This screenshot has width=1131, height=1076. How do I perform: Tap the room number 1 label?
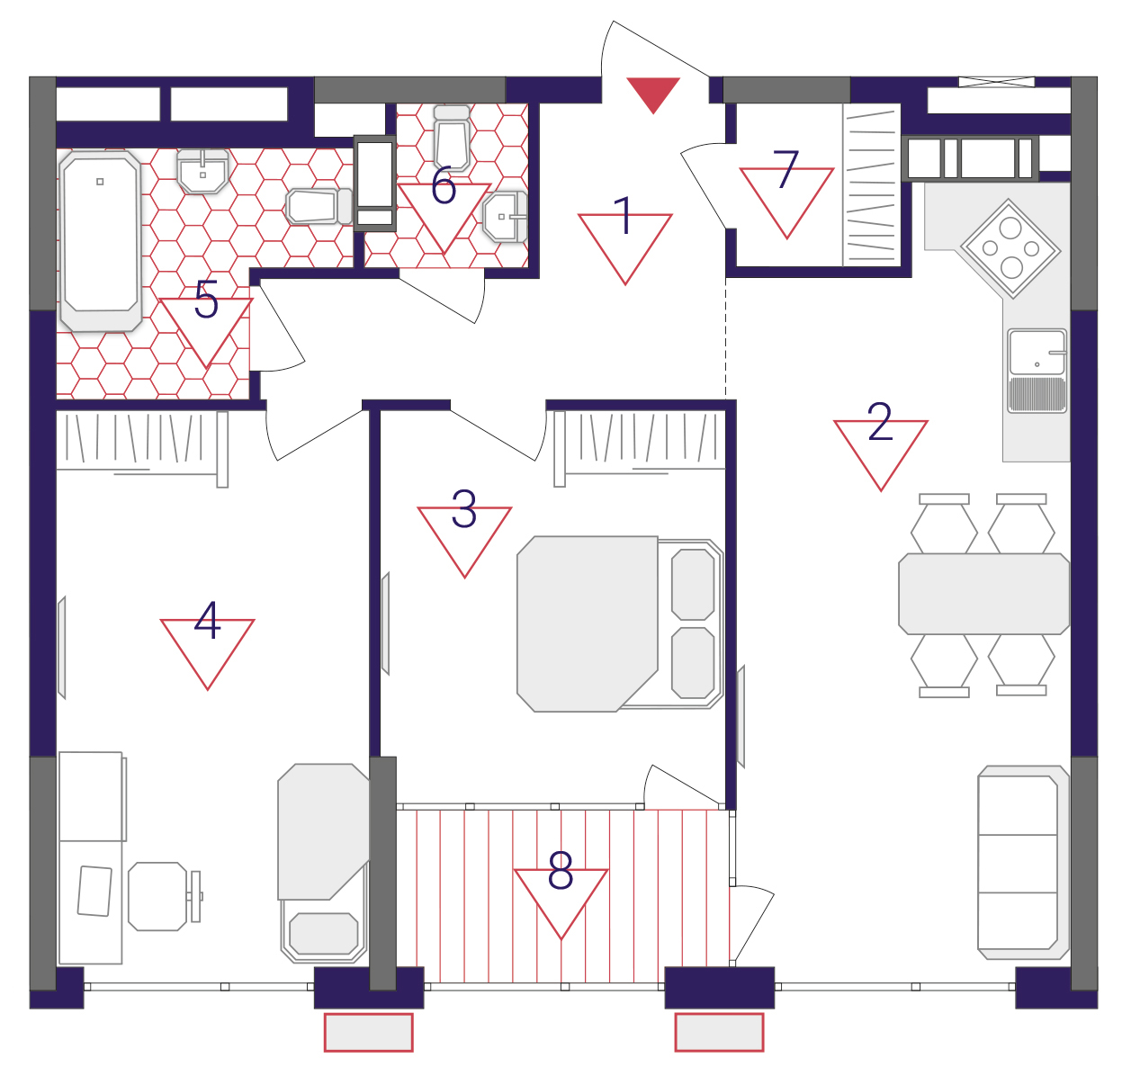click(x=624, y=215)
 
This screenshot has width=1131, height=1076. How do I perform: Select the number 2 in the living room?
click(x=880, y=421)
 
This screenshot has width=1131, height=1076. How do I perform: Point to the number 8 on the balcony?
click(x=561, y=869)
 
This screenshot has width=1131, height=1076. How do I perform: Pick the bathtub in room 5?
click(x=100, y=241)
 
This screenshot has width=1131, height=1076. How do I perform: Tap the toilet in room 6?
click(x=453, y=138)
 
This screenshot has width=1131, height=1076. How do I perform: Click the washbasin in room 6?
click(x=505, y=217)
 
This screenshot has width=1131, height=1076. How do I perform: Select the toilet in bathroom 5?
click(x=319, y=206)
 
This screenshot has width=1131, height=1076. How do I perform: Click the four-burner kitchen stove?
click(x=1010, y=248)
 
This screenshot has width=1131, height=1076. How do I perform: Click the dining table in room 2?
click(x=983, y=594)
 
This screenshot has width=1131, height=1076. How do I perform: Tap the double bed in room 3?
click(x=620, y=624)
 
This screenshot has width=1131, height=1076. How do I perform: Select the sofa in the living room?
click(x=1023, y=862)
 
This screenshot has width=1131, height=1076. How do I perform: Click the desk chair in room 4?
click(x=165, y=896)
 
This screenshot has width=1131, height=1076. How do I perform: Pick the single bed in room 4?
click(x=323, y=863)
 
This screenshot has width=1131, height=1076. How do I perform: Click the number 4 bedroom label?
click(x=207, y=620)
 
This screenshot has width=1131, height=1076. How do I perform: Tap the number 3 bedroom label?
click(x=463, y=508)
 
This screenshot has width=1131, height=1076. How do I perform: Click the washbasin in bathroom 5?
click(x=202, y=171)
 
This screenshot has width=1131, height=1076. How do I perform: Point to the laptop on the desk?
click(x=94, y=891)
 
